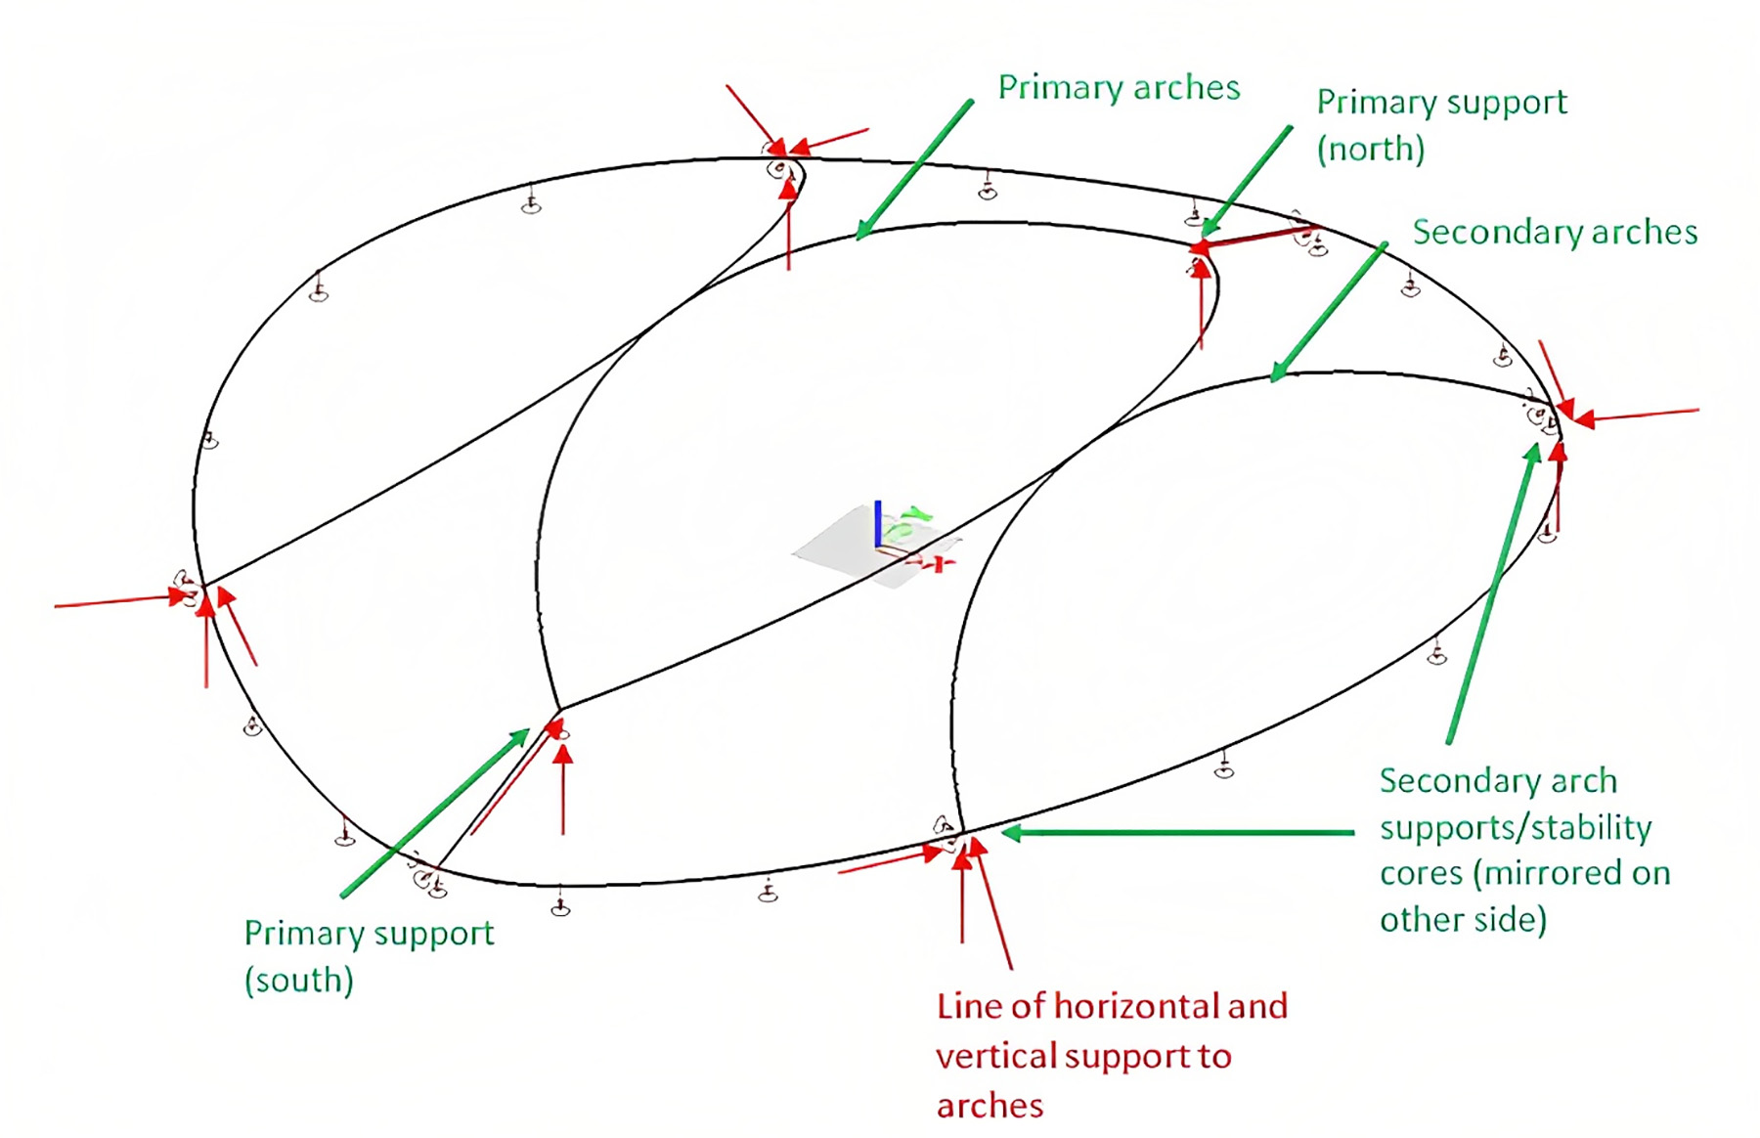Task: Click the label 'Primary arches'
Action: [x=1119, y=88]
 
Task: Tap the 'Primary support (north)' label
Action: [x=1441, y=125]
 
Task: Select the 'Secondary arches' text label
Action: [x=1555, y=232]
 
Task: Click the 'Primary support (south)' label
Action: [x=369, y=956]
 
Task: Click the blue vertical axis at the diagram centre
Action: [x=878, y=524]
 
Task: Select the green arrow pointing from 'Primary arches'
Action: [x=914, y=169]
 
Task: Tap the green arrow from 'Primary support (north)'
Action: [x=1247, y=181]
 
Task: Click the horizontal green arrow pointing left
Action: [x=1178, y=833]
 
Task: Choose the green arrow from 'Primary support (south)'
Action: [x=435, y=811]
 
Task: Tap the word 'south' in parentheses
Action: [x=298, y=980]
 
